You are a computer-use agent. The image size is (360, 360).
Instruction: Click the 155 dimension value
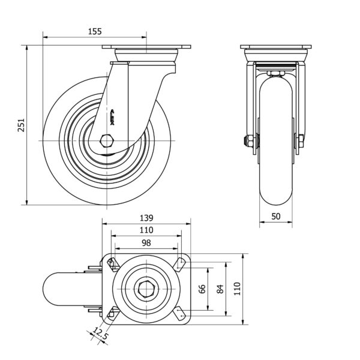tap(95, 31)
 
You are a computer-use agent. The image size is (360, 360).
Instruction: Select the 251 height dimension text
tap(21, 124)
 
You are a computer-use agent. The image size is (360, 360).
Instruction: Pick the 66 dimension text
tap(202, 289)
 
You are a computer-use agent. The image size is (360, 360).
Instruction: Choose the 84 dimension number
tap(220, 289)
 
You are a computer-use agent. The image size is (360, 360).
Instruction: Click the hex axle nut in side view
tap(108, 140)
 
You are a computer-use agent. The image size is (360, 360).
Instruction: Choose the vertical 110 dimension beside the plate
tap(236, 289)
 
